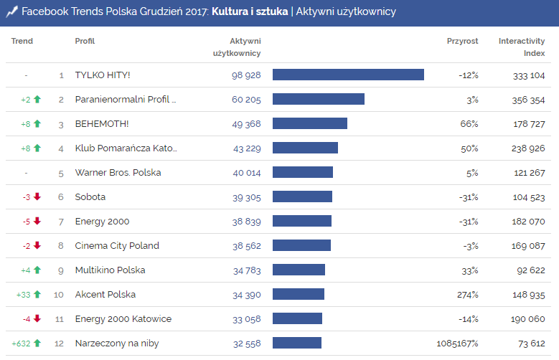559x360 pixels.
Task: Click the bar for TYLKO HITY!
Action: pos(348,75)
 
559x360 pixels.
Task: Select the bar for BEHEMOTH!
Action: pos(310,123)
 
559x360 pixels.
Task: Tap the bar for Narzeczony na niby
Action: pos(297,343)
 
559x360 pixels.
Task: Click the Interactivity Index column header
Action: pos(522,47)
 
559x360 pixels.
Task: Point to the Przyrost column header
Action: pos(462,41)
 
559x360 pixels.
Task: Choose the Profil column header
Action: pos(85,41)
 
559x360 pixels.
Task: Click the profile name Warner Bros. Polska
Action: pos(118,173)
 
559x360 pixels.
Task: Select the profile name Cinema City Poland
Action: pos(117,246)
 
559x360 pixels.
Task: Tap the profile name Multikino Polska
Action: pos(110,270)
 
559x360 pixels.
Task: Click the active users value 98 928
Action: pos(246,75)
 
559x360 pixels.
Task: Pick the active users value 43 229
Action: pos(247,148)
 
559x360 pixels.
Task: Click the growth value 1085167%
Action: pos(457,344)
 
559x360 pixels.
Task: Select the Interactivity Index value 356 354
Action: pos(529,100)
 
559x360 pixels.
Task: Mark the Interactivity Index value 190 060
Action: pos(529,319)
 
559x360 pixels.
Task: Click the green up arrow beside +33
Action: pos(37,295)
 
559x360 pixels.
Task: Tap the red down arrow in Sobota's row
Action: pos(37,197)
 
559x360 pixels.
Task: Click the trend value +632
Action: pos(21,344)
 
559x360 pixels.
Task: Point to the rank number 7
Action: pos(61,222)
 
